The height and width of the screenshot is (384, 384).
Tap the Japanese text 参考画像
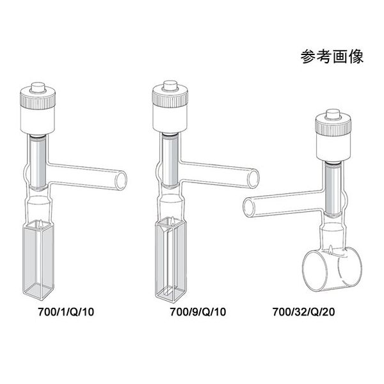click(x=332, y=56)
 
